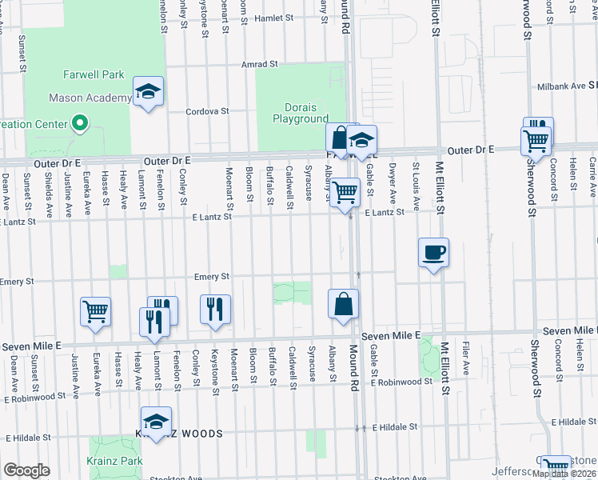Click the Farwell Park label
click(x=94, y=74)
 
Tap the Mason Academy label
click(x=90, y=98)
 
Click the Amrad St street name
click(x=261, y=63)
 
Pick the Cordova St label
click(x=208, y=111)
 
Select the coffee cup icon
click(x=433, y=253)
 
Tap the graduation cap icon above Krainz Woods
click(x=156, y=421)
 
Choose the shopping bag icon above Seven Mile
click(x=343, y=304)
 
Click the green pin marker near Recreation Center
click(x=79, y=123)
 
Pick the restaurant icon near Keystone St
click(x=214, y=309)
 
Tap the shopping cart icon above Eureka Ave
click(x=95, y=311)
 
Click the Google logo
click(x=26, y=470)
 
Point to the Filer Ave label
click(x=465, y=354)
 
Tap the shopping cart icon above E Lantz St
click(x=345, y=192)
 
